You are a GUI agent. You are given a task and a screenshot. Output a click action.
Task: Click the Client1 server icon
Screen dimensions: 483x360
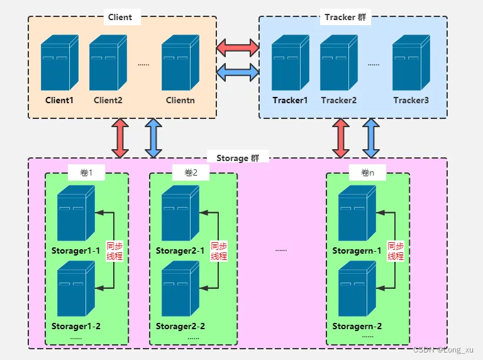click(x=60, y=62)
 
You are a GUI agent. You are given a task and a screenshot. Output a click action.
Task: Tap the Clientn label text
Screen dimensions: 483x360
click(x=180, y=100)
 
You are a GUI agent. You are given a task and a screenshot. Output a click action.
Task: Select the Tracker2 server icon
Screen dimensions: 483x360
click(x=339, y=62)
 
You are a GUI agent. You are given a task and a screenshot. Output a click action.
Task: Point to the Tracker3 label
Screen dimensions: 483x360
click(x=411, y=100)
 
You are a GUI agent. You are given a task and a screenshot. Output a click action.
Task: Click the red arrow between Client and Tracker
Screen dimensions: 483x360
click(x=238, y=47)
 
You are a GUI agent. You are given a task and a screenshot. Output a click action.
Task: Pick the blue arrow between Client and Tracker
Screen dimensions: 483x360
click(x=238, y=72)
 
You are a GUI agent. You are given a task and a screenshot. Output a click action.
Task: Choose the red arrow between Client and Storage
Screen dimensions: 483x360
click(x=120, y=138)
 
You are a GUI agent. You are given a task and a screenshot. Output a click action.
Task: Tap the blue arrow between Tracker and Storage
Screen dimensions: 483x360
click(x=371, y=138)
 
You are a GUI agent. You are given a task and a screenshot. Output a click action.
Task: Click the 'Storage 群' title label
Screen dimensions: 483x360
click(x=238, y=158)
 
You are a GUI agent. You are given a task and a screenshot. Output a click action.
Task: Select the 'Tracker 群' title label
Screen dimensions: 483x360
click(x=345, y=17)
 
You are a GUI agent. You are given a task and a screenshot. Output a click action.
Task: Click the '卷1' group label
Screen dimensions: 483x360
click(x=86, y=172)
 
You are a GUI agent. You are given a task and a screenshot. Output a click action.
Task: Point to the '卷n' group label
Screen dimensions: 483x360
click(x=367, y=172)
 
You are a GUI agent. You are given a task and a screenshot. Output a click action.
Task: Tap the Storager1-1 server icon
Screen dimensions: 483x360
click(x=76, y=213)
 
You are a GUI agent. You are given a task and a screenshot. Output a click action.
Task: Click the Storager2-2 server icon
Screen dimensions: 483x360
click(x=180, y=289)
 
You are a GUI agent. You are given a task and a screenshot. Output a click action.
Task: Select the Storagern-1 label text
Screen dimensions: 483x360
click(x=357, y=251)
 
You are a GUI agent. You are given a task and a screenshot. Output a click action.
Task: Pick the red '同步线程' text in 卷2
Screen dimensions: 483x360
click(x=219, y=251)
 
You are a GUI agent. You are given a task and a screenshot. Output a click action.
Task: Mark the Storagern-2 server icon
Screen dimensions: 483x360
click(x=357, y=289)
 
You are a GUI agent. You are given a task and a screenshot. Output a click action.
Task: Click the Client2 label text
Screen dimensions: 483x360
click(x=108, y=100)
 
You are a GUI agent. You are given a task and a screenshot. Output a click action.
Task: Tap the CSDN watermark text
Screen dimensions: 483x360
click(x=443, y=349)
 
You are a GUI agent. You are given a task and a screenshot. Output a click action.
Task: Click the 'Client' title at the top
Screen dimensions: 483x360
click(x=120, y=17)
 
